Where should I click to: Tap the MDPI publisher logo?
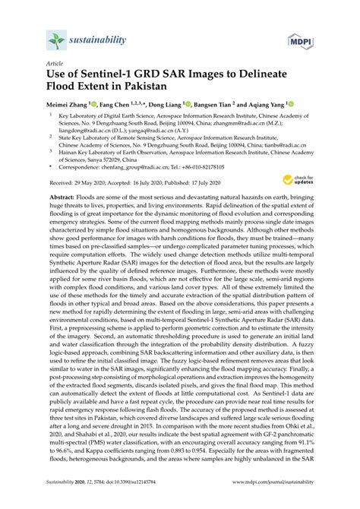coord(299,41)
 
